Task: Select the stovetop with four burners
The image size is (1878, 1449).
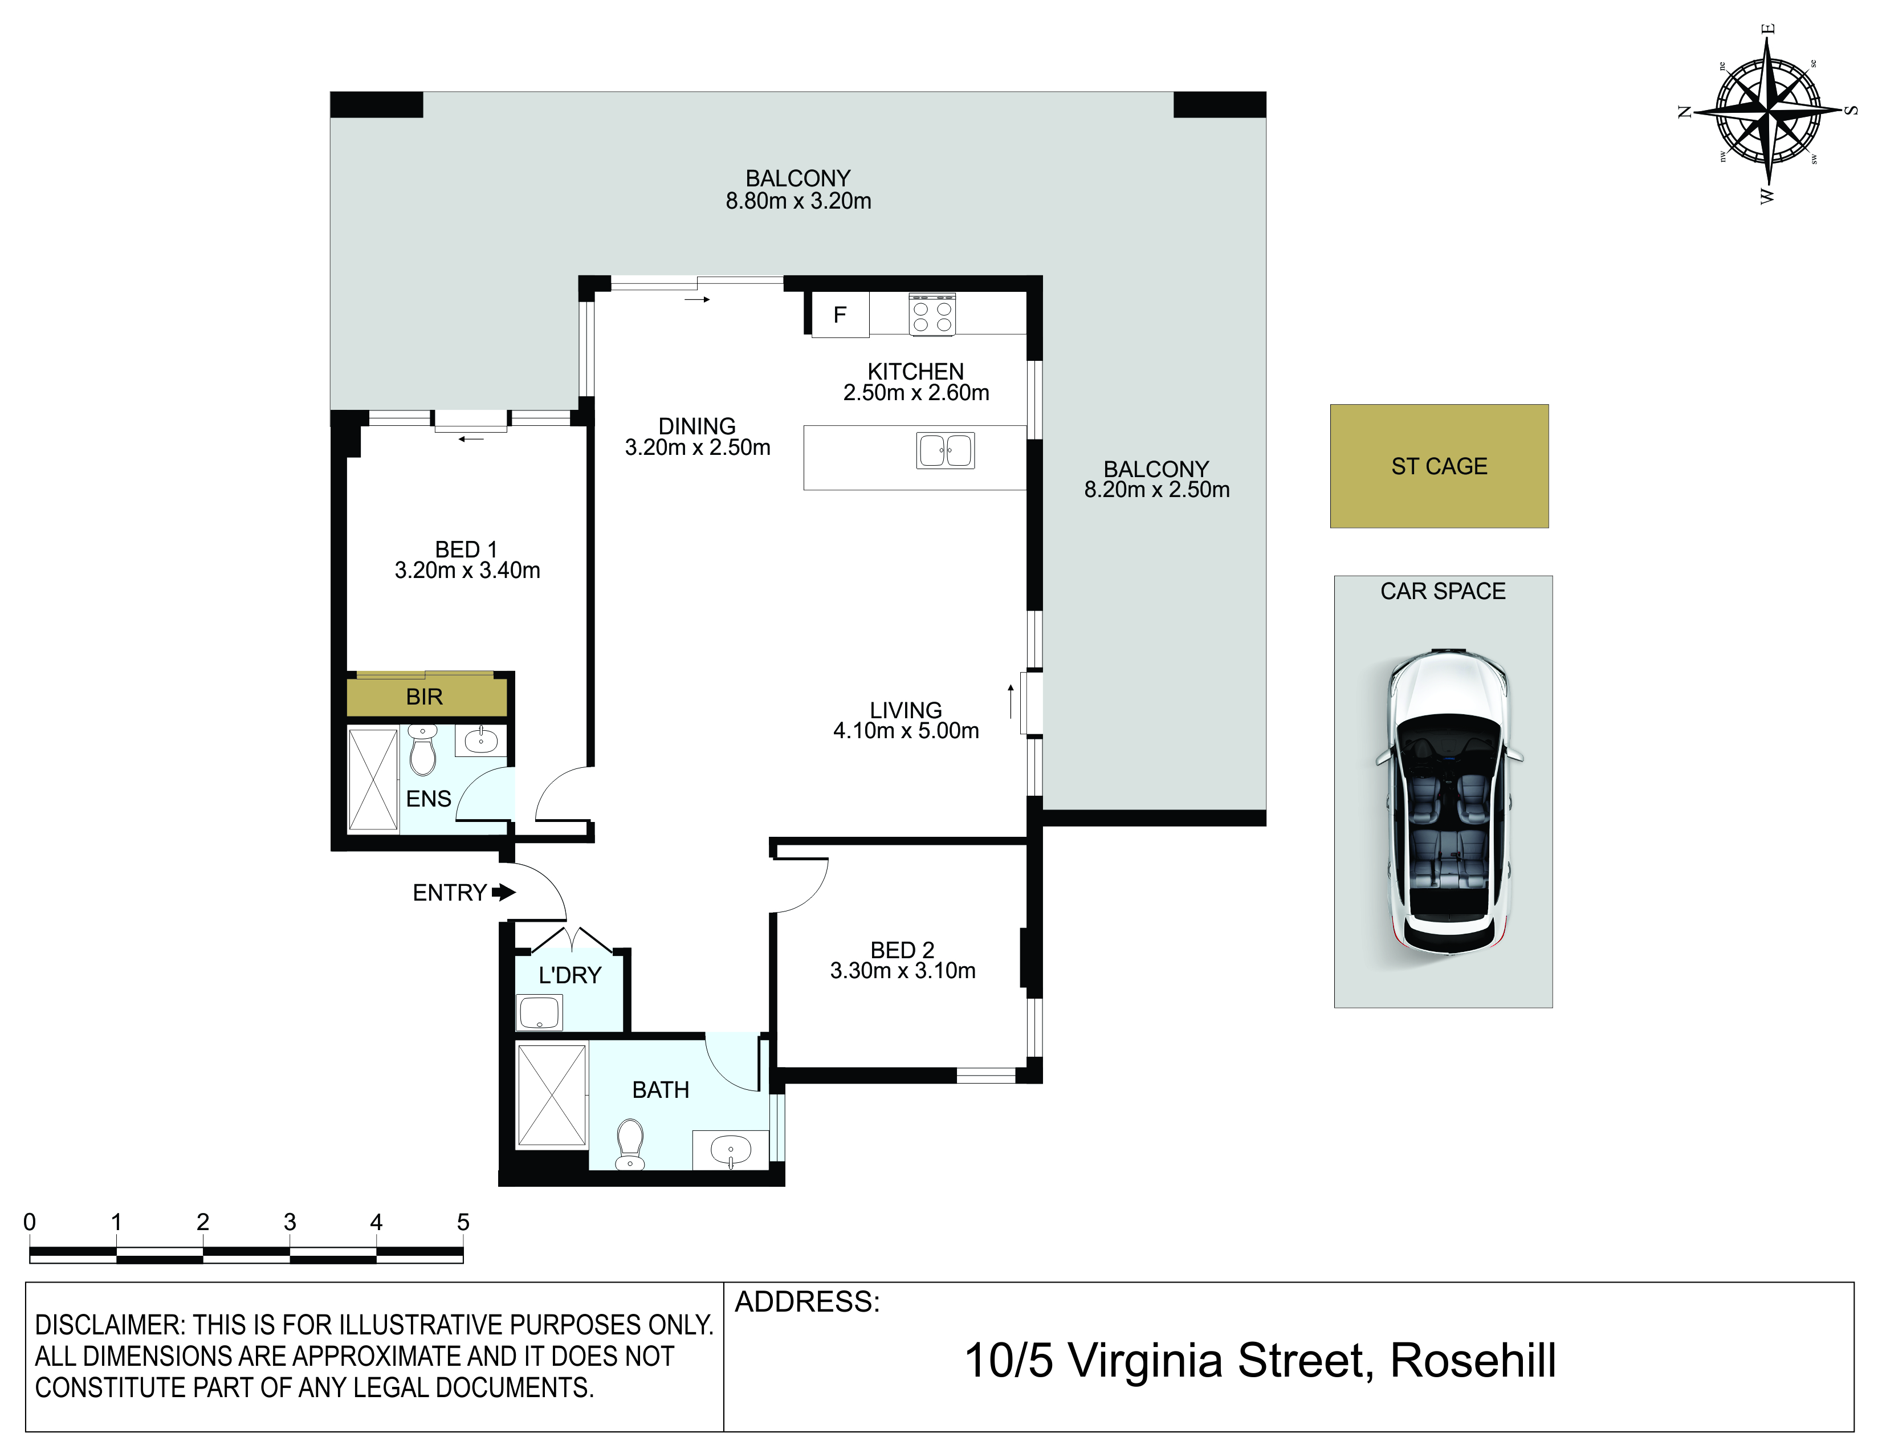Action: (x=932, y=314)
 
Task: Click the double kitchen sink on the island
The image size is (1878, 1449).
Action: (x=945, y=451)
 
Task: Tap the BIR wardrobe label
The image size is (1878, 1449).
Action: (x=424, y=697)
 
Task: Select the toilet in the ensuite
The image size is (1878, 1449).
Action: (x=422, y=750)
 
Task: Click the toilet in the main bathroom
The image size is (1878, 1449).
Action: (x=630, y=1145)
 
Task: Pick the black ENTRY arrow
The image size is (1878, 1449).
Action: (x=504, y=893)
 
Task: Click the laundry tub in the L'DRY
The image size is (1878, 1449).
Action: (x=539, y=1012)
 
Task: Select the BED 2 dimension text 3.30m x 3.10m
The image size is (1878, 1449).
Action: (x=903, y=971)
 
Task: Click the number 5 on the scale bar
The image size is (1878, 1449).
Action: (x=463, y=1222)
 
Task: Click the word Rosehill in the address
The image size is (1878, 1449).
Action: (x=1473, y=1361)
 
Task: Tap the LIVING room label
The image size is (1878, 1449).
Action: (x=906, y=710)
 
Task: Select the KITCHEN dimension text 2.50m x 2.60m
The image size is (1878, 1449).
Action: (x=916, y=393)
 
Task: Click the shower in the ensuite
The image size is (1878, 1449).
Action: (x=372, y=780)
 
